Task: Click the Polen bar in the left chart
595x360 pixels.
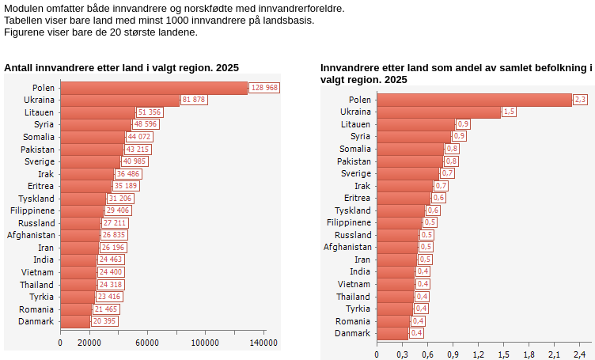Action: [x=154, y=88]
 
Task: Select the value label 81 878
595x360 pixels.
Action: [x=194, y=100]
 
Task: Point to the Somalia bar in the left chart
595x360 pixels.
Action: [x=93, y=137]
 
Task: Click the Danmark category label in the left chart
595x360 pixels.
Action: [x=36, y=321]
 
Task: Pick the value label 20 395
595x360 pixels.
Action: [x=104, y=321]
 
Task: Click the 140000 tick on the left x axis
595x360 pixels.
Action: [x=264, y=343]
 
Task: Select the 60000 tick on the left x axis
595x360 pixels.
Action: [x=147, y=343]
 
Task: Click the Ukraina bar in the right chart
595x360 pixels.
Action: [x=438, y=112]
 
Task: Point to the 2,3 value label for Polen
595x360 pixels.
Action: [x=580, y=100]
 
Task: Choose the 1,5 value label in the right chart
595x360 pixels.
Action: [x=509, y=112]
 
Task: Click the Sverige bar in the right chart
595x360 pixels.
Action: [x=407, y=173]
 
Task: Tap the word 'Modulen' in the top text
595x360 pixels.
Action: [x=25, y=8]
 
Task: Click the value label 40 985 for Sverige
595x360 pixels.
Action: [x=134, y=161]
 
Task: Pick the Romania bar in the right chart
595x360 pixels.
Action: [x=393, y=321]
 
